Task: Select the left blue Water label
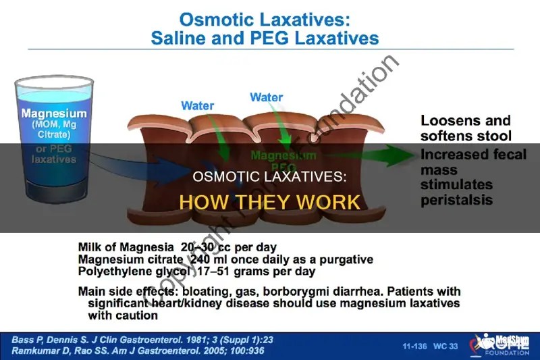pos(198,105)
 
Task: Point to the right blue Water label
pos(266,97)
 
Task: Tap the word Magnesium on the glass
pos(54,113)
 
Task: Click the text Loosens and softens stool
pos(465,128)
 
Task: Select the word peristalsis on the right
pos(456,200)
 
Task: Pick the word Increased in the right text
pos(451,155)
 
